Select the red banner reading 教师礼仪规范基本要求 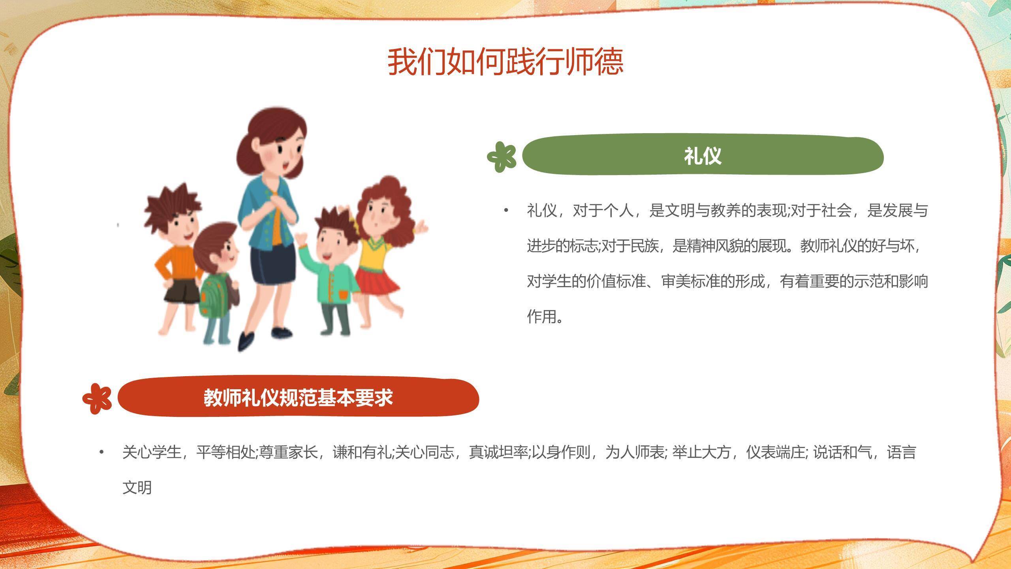coord(298,398)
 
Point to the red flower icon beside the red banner coord(97,398)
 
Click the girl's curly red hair coord(389,198)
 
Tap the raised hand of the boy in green coord(301,238)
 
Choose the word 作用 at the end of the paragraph coord(541,317)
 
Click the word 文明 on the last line coord(137,487)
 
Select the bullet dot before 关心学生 coord(102,452)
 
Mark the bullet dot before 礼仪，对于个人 coord(506,211)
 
